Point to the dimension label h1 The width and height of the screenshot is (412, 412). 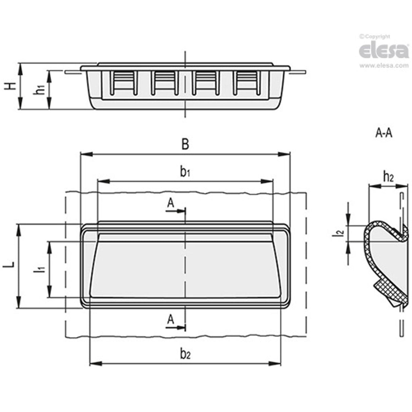(40, 90)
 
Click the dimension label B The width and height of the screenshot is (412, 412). (185, 144)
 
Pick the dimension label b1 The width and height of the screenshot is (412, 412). (185, 172)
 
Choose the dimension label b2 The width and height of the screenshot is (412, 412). (185, 355)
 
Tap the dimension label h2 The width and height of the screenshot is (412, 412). (388, 177)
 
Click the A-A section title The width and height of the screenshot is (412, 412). (383, 133)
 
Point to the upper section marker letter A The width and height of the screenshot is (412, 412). (171, 203)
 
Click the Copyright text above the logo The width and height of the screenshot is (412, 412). (375, 37)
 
